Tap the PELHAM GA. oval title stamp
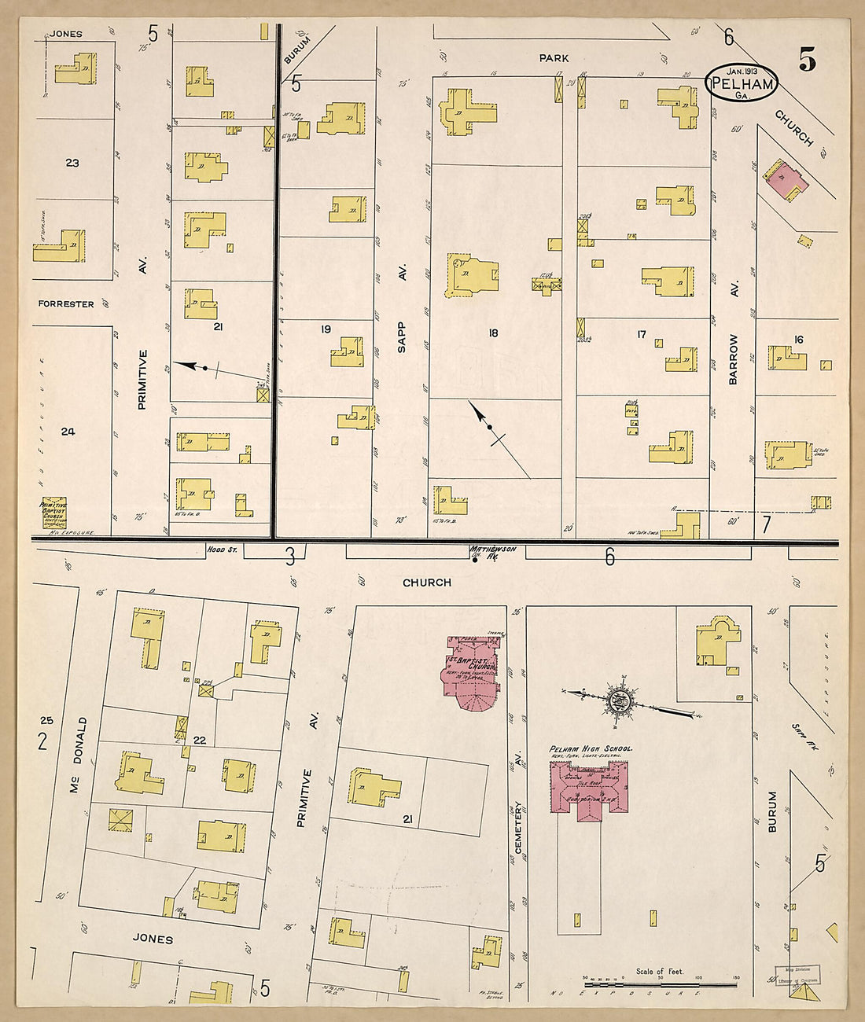(741, 83)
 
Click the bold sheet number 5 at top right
(807, 61)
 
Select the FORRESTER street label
(66, 304)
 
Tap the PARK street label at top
(554, 58)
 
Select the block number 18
(493, 333)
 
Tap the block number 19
(326, 329)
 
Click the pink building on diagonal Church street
(786, 179)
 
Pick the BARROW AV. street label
(734, 358)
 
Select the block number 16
(798, 340)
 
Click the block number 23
(72, 164)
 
